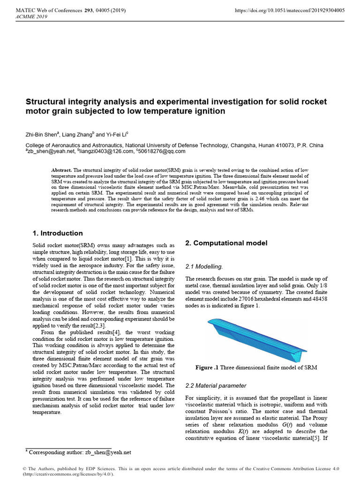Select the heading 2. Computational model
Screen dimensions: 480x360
click(226, 243)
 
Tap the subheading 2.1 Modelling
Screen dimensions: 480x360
click(204, 266)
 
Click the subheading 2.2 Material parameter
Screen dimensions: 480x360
click(216, 385)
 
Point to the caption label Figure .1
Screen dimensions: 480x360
click(207, 367)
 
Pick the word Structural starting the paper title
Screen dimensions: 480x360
click(45, 102)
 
